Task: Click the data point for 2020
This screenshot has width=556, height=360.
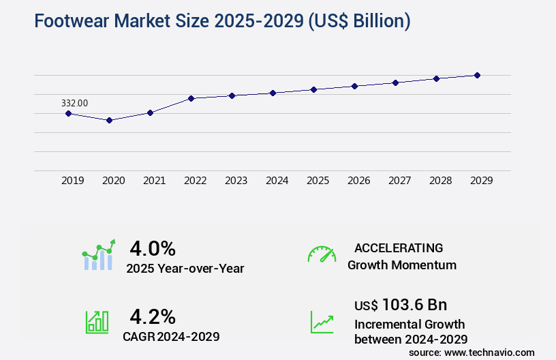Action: click(x=109, y=120)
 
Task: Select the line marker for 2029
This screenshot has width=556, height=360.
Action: click(x=477, y=75)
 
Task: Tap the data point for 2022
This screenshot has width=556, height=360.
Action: click(x=191, y=98)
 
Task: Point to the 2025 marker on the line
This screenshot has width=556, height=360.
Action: click(x=313, y=89)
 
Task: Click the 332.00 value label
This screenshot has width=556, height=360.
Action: click(x=74, y=103)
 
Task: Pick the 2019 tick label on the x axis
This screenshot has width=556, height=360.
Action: click(x=73, y=181)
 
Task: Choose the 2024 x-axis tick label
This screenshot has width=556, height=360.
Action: click(x=277, y=181)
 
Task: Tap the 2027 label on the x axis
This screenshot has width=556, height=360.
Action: click(x=399, y=181)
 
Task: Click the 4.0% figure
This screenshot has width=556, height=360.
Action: click(x=153, y=247)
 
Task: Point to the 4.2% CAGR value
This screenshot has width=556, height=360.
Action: click(x=153, y=316)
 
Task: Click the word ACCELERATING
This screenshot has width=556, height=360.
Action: click(x=399, y=248)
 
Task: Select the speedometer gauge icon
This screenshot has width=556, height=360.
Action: click(x=322, y=254)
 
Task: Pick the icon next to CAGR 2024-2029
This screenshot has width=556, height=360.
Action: click(x=97, y=322)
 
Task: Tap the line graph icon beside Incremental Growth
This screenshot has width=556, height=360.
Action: click(x=322, y=322)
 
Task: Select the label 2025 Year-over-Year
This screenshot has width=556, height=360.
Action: click(x=185, y=269)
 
